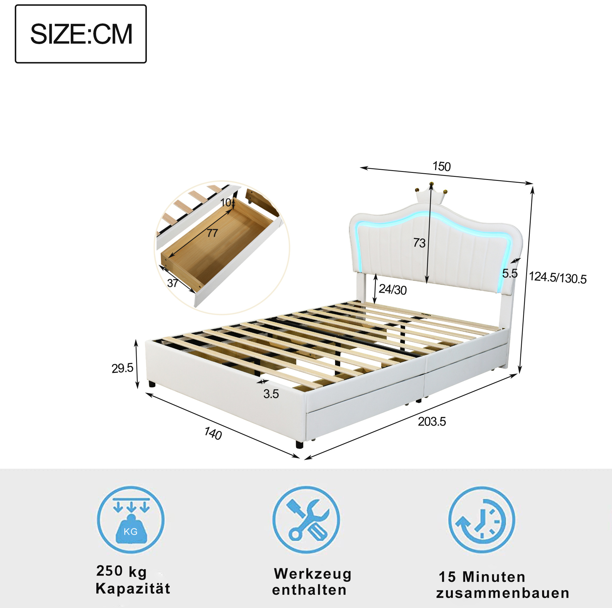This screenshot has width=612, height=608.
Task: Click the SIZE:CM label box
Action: pyautogui.click(x=81, y=34)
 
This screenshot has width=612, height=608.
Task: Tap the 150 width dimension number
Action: pyautogui.click(x=441, y=166)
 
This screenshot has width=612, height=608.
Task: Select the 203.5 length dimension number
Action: pyautogui.click(x=432, y=422)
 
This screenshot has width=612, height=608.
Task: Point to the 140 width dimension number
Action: pyautogui.click(x=213, y=433)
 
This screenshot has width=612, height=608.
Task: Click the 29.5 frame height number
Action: pyautogui.click(x=122, y=368)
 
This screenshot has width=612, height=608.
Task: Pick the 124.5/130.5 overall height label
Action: pyautogui.click(x=558, y=278)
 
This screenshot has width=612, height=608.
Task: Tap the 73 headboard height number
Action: pyautogui.click(x=419, y=243)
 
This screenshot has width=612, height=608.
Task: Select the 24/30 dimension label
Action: pyautogui.click(x=393, y=290)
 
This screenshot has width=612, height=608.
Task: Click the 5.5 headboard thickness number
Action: pyautogui.click(x=510, y=273)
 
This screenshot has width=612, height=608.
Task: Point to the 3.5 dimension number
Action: pyautogui.click(x=271, y=394)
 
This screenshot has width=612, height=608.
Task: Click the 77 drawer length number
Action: pyautogui.click(x=212, y=233)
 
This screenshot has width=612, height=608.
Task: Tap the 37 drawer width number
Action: pyautogui.click(x=173, y=283)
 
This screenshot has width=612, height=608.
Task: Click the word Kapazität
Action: pyautogui.click(x=133, y=588)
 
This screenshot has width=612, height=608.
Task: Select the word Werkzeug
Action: pyautogui.click(x=313, y=574)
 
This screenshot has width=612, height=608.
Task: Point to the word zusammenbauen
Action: pyautogui.click(x=503, y=593)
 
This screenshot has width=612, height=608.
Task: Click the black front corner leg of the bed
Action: pyautogui.click(x=299, y=444)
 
